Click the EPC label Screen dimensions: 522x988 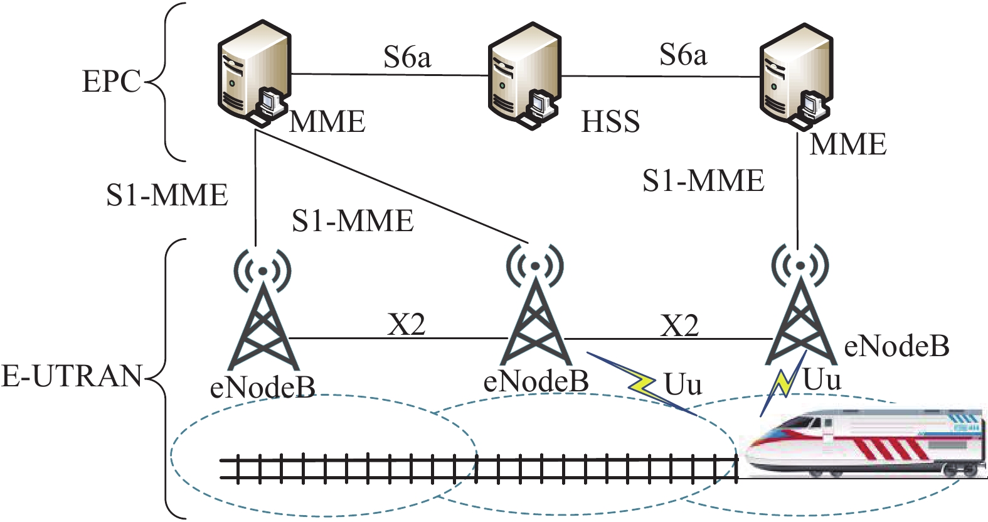pyautogui.click(x=112, y=82)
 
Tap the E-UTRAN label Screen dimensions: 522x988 pyautogui.click(x=72, y=376)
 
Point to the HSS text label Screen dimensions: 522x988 pyautogui.click(x=610, y=122)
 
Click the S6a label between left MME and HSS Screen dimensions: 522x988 pyautogui.click(x=408, y=57)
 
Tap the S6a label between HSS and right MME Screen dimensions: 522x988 pyautogui.click(x=683, y=55)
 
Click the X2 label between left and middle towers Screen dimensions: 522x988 pyautogui.click(x=406, y=325)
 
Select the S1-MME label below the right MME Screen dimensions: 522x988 pyautogui.click(x=703, y=182)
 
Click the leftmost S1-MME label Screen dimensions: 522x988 pyautogui.click(x=167, y=195)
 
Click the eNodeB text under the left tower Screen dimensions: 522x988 pyautogui.click(x=262, y=388)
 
